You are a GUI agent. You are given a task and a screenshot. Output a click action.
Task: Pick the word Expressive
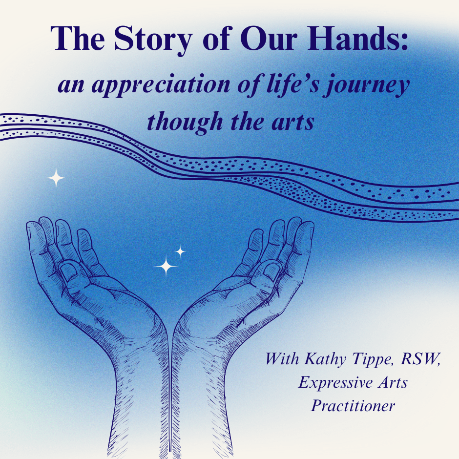[x=335, y=383]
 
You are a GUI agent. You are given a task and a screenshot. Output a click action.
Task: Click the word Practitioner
[x=353, y=406]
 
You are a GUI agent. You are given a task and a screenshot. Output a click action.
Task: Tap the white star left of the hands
[x=56, y=178]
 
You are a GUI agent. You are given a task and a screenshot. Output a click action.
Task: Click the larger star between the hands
[x=166, y=266]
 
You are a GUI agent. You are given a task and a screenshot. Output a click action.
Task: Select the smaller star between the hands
[x=180, y=251]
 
